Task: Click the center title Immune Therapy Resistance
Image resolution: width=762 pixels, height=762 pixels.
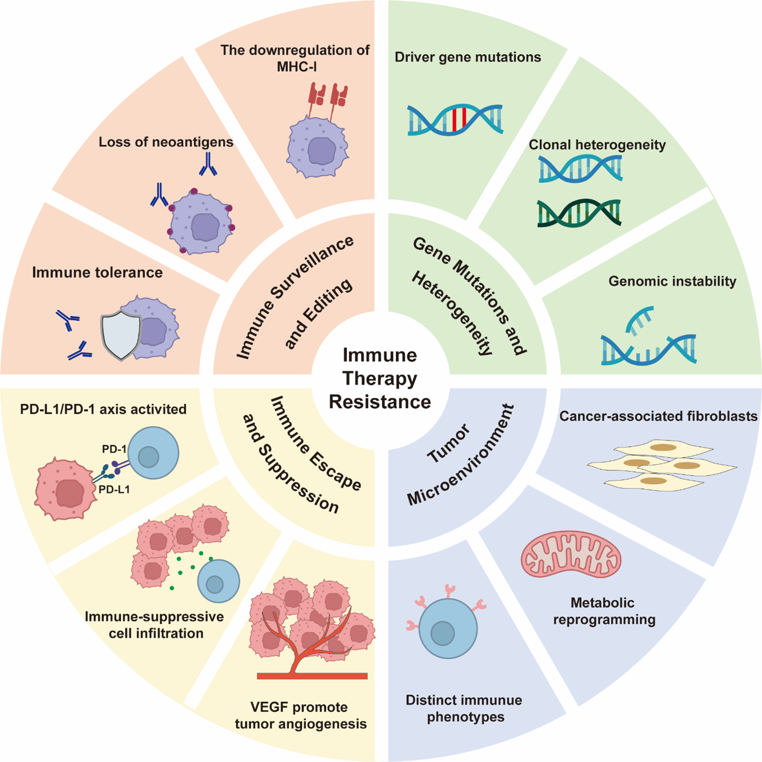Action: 380,379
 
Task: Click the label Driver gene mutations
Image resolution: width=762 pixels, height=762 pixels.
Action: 468,57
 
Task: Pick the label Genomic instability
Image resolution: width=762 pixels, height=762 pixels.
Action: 672,281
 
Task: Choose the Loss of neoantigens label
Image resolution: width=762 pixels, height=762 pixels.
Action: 166,142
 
